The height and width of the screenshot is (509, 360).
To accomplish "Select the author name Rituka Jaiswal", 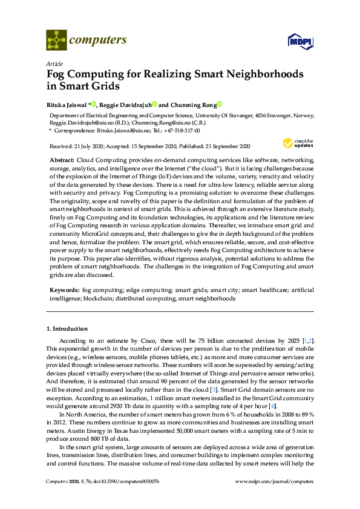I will coord(67,103).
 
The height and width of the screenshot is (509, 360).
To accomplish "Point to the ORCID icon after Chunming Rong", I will coord(220,103).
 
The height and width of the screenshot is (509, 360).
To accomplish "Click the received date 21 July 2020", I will coord(87,146).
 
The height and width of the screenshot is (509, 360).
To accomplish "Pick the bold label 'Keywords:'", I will coord(64,290).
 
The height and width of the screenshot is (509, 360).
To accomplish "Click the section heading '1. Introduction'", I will coord(67,329).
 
